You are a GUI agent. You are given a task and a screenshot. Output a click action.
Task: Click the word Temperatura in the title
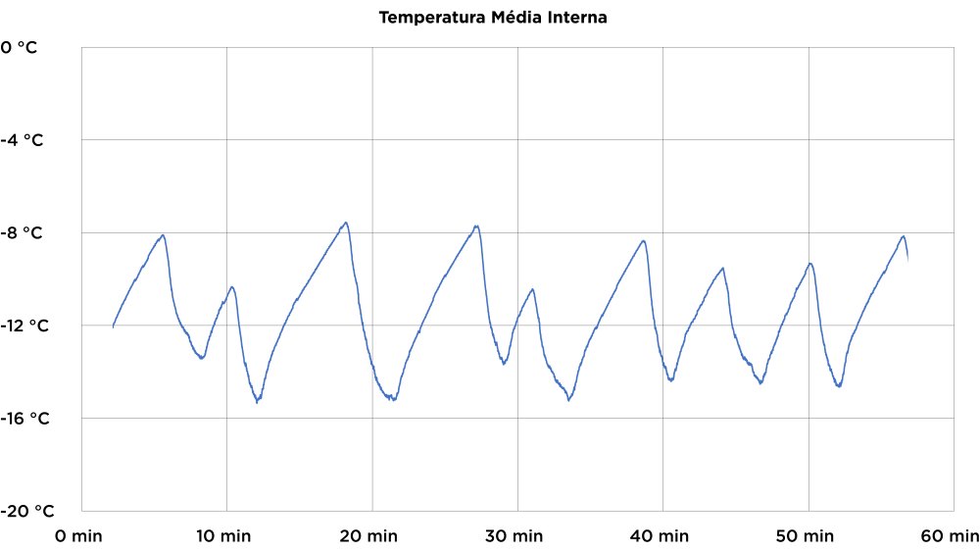(x=423, y=18)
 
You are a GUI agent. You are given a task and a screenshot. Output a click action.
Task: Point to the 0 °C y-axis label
(x=20, y=46)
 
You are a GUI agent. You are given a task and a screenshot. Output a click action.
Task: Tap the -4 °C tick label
(x=22, y=140)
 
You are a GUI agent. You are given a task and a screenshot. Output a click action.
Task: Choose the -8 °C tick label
(x=22, y=233)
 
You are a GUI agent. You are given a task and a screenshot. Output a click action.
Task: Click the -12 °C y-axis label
(x=24, y=326)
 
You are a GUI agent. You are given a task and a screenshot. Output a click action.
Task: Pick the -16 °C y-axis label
(x=24, y=419)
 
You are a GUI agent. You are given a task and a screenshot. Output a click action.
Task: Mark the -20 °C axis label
(x=27, y=511)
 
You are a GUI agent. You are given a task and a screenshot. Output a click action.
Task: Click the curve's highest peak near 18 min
(x=346, y=223)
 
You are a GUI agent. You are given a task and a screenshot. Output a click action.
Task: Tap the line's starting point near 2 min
(x=113, y=326)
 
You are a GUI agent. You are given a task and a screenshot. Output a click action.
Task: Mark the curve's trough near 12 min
(x=257, y=402)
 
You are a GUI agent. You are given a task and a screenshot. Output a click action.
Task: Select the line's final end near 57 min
(x=908, y=261)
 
